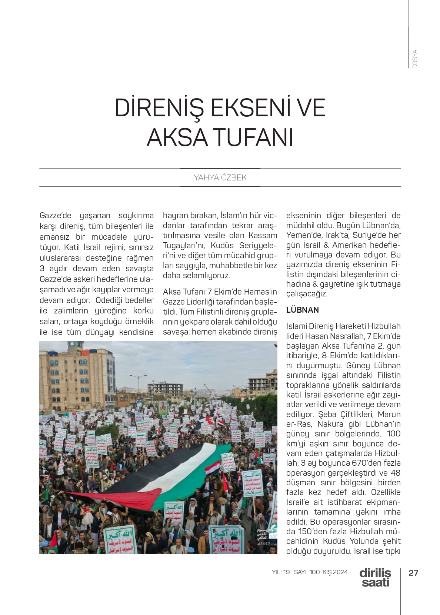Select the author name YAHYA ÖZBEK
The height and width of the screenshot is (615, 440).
coord(220,178)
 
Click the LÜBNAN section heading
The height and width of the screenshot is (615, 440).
coord(303,310)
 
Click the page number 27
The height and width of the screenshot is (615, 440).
coord(413,573)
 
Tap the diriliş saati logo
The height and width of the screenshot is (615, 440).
coord(375,577)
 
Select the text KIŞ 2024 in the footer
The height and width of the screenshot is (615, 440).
coord(335,572)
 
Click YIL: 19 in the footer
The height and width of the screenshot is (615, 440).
coord(281,572)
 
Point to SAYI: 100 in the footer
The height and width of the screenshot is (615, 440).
coord(307,572)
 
